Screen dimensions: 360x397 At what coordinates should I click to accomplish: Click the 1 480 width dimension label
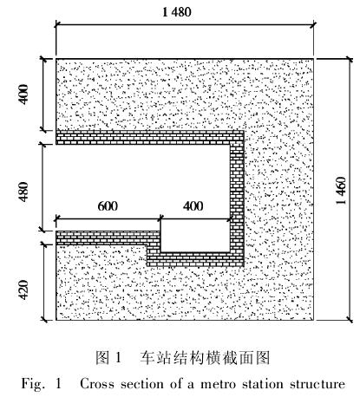tap(177, 12)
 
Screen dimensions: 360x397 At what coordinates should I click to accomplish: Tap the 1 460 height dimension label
tap(341, 191)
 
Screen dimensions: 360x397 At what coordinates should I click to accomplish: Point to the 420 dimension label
tap(23, 290)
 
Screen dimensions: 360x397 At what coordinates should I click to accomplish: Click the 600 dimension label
tap(108, 206)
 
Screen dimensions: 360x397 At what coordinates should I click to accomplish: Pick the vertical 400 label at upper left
tap(23, 94)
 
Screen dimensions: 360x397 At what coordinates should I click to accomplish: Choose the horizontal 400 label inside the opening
tap(193, 206)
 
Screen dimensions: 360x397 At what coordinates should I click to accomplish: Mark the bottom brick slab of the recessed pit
tap(195, 259)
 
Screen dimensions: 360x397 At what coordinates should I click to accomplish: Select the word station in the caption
tap(263, 384)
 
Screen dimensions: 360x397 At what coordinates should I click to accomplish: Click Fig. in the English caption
tap(33, 385)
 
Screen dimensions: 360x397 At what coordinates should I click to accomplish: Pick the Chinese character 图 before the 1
tap(102, 357)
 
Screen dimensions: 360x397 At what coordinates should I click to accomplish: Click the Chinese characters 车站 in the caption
tap(154, 357)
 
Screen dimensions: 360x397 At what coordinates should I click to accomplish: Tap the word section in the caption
tap(142, 384)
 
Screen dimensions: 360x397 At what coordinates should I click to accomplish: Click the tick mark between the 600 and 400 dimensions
tap(160, 218)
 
